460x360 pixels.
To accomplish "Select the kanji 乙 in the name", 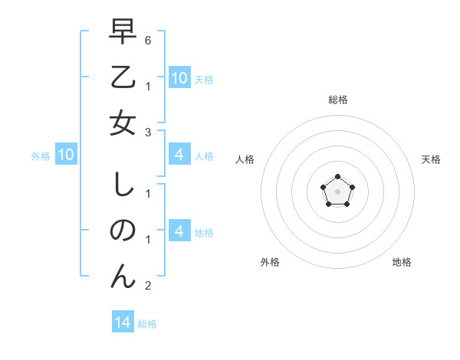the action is tap(123, 79).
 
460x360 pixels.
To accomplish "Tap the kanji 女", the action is tap(123, 122).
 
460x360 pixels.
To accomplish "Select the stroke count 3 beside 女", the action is tap(148, 132).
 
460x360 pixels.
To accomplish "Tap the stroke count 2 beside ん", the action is tap(148, 285).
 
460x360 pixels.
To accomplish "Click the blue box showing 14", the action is tap(123, 323).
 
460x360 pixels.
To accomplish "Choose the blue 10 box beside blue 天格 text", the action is tap(179, 78).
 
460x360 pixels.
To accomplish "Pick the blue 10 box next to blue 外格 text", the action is tap(66, 155).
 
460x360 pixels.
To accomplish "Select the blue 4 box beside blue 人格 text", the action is tap(179, 155).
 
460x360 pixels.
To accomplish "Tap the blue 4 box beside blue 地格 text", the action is tap(179, 232).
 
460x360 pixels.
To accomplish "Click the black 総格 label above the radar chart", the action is tap(337, 100).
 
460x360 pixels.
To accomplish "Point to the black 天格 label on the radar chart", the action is tap(431, 159).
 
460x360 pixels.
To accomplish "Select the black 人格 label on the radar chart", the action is tap(245, 159).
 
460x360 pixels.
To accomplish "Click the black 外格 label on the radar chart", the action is tap(270, 262).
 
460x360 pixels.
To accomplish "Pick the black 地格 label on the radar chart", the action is tap(402, 262).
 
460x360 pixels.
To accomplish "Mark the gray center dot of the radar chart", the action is tap(337, 191).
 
